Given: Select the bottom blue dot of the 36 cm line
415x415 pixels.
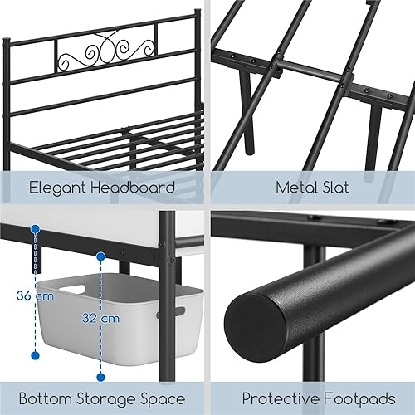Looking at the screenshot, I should [35, 355].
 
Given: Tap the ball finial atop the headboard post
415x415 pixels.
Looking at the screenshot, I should [197, 12].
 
